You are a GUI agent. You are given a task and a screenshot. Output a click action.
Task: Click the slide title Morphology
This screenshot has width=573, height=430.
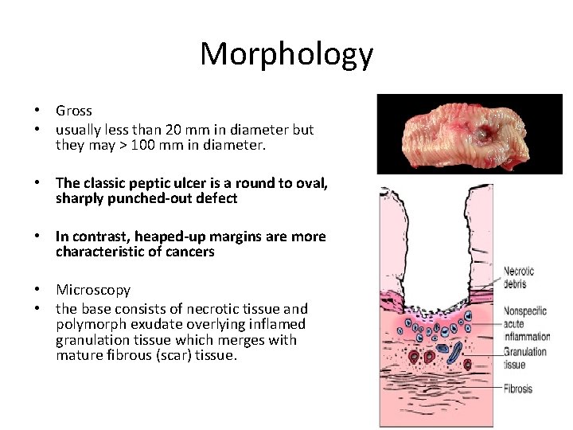286,54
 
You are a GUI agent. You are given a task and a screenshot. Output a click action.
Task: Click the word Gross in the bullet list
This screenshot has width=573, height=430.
74,111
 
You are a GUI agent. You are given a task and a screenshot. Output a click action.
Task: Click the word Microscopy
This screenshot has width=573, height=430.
93,290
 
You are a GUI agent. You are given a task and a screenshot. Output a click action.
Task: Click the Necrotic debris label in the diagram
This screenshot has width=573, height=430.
519,278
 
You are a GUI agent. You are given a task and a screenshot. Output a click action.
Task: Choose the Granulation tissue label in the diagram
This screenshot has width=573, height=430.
524,358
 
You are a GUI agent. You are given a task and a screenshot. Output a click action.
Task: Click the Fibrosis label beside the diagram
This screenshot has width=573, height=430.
518,389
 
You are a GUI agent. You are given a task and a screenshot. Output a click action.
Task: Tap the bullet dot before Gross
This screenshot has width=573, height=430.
37,111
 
